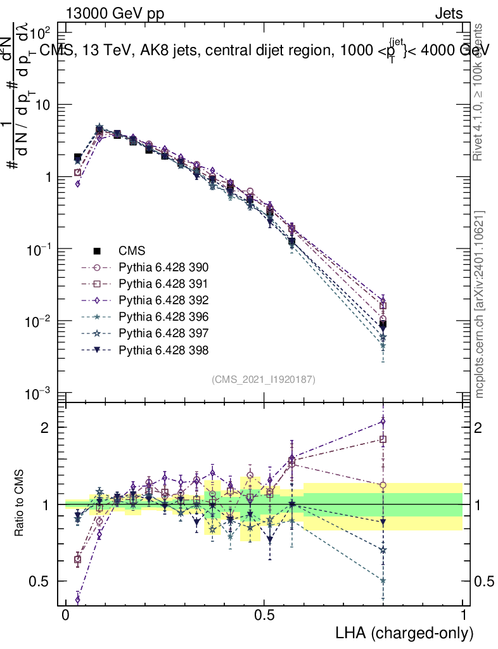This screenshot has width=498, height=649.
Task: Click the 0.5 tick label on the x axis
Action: point(264,615)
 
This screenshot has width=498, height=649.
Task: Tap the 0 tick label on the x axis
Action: point(65,615)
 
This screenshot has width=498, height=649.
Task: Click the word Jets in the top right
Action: point(448,14)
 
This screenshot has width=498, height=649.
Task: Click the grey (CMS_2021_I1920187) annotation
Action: point(264,379)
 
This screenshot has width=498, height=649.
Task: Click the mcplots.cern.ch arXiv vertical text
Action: point(480,304)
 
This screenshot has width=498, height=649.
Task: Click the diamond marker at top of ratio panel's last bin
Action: point(383,421)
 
